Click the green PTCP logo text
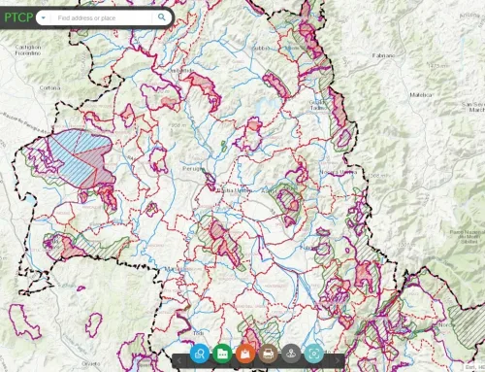coord(18,17)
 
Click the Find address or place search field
coord(102,17)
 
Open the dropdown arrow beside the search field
coord(44,17)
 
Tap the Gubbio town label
coord(260,47)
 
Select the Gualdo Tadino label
coord(317,106)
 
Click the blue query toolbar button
coord(199,355)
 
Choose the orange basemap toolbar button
coord(245,355)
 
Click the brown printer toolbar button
coord(269,355)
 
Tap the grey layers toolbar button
coord(292,355)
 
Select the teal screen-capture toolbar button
coord(314,355)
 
